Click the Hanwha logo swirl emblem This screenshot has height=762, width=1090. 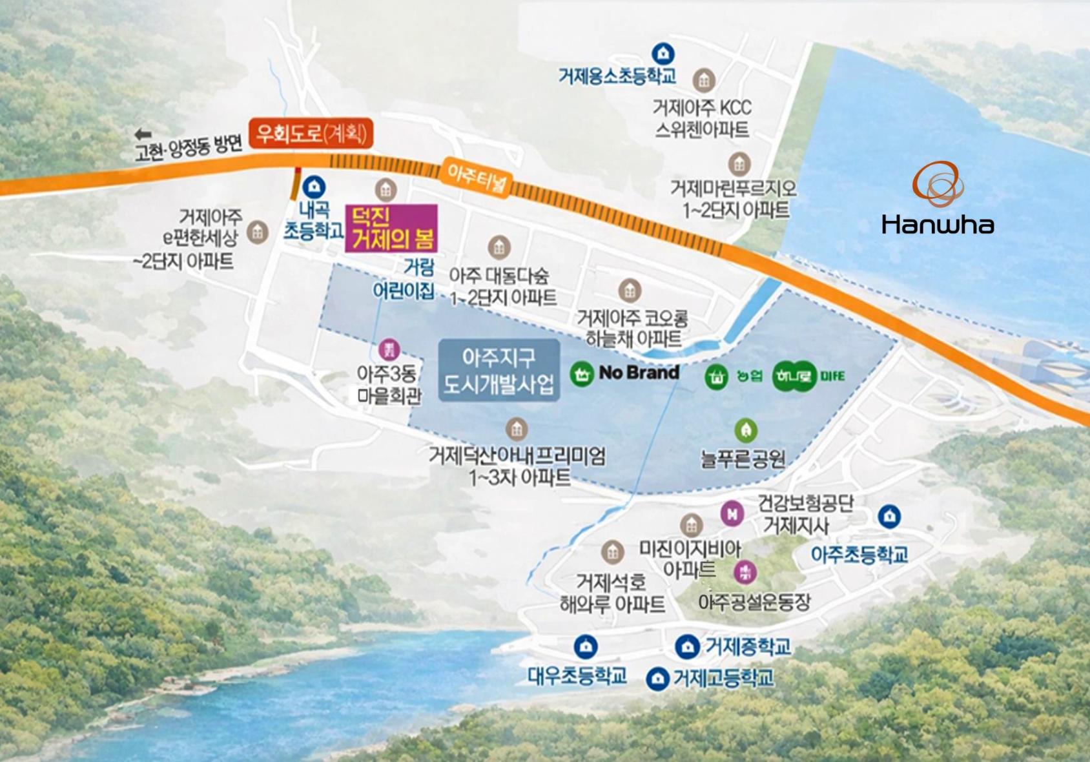[938, 183]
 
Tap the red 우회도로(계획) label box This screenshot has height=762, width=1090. [311, 134]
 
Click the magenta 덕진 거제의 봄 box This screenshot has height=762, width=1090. [392, 229]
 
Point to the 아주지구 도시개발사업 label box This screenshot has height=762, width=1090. [499, 371]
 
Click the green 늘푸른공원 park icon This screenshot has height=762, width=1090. [746, 430]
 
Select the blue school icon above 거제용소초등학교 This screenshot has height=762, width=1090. [663, 54]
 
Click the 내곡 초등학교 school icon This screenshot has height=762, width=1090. [314, 187]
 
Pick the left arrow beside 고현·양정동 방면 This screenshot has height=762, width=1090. [143, 134]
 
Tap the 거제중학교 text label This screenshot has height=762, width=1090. [747, 646]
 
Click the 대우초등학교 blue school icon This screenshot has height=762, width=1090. [585, 646]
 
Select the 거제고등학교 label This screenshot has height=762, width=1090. [723, 678]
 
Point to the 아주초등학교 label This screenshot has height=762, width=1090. [859, 554]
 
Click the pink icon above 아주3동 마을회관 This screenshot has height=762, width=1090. [389, 350]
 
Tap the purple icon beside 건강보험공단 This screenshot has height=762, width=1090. [732, 514]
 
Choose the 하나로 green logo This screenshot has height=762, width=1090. [794, 376]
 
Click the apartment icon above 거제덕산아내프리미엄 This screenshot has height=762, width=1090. [516, 428]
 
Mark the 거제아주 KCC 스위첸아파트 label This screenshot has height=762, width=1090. [702, 118]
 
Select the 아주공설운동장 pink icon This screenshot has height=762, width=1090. [745, 571]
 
